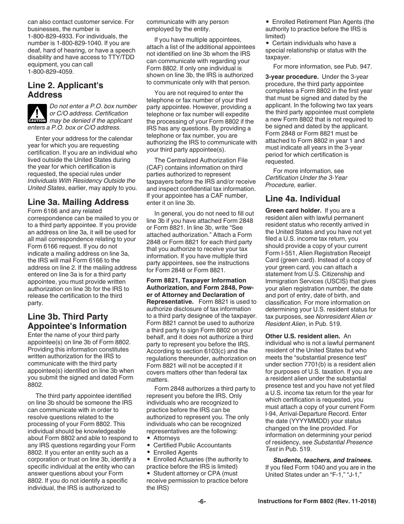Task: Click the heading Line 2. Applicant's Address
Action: coord(65,90)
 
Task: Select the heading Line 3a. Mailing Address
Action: coord(78,202)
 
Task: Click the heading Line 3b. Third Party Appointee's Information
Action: coord(77,321)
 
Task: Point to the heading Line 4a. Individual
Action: coord(303,199)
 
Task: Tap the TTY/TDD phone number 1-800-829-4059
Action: coord(51,72)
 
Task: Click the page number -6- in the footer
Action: coord(202,501)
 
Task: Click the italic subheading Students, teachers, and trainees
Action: coord(322,460)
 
